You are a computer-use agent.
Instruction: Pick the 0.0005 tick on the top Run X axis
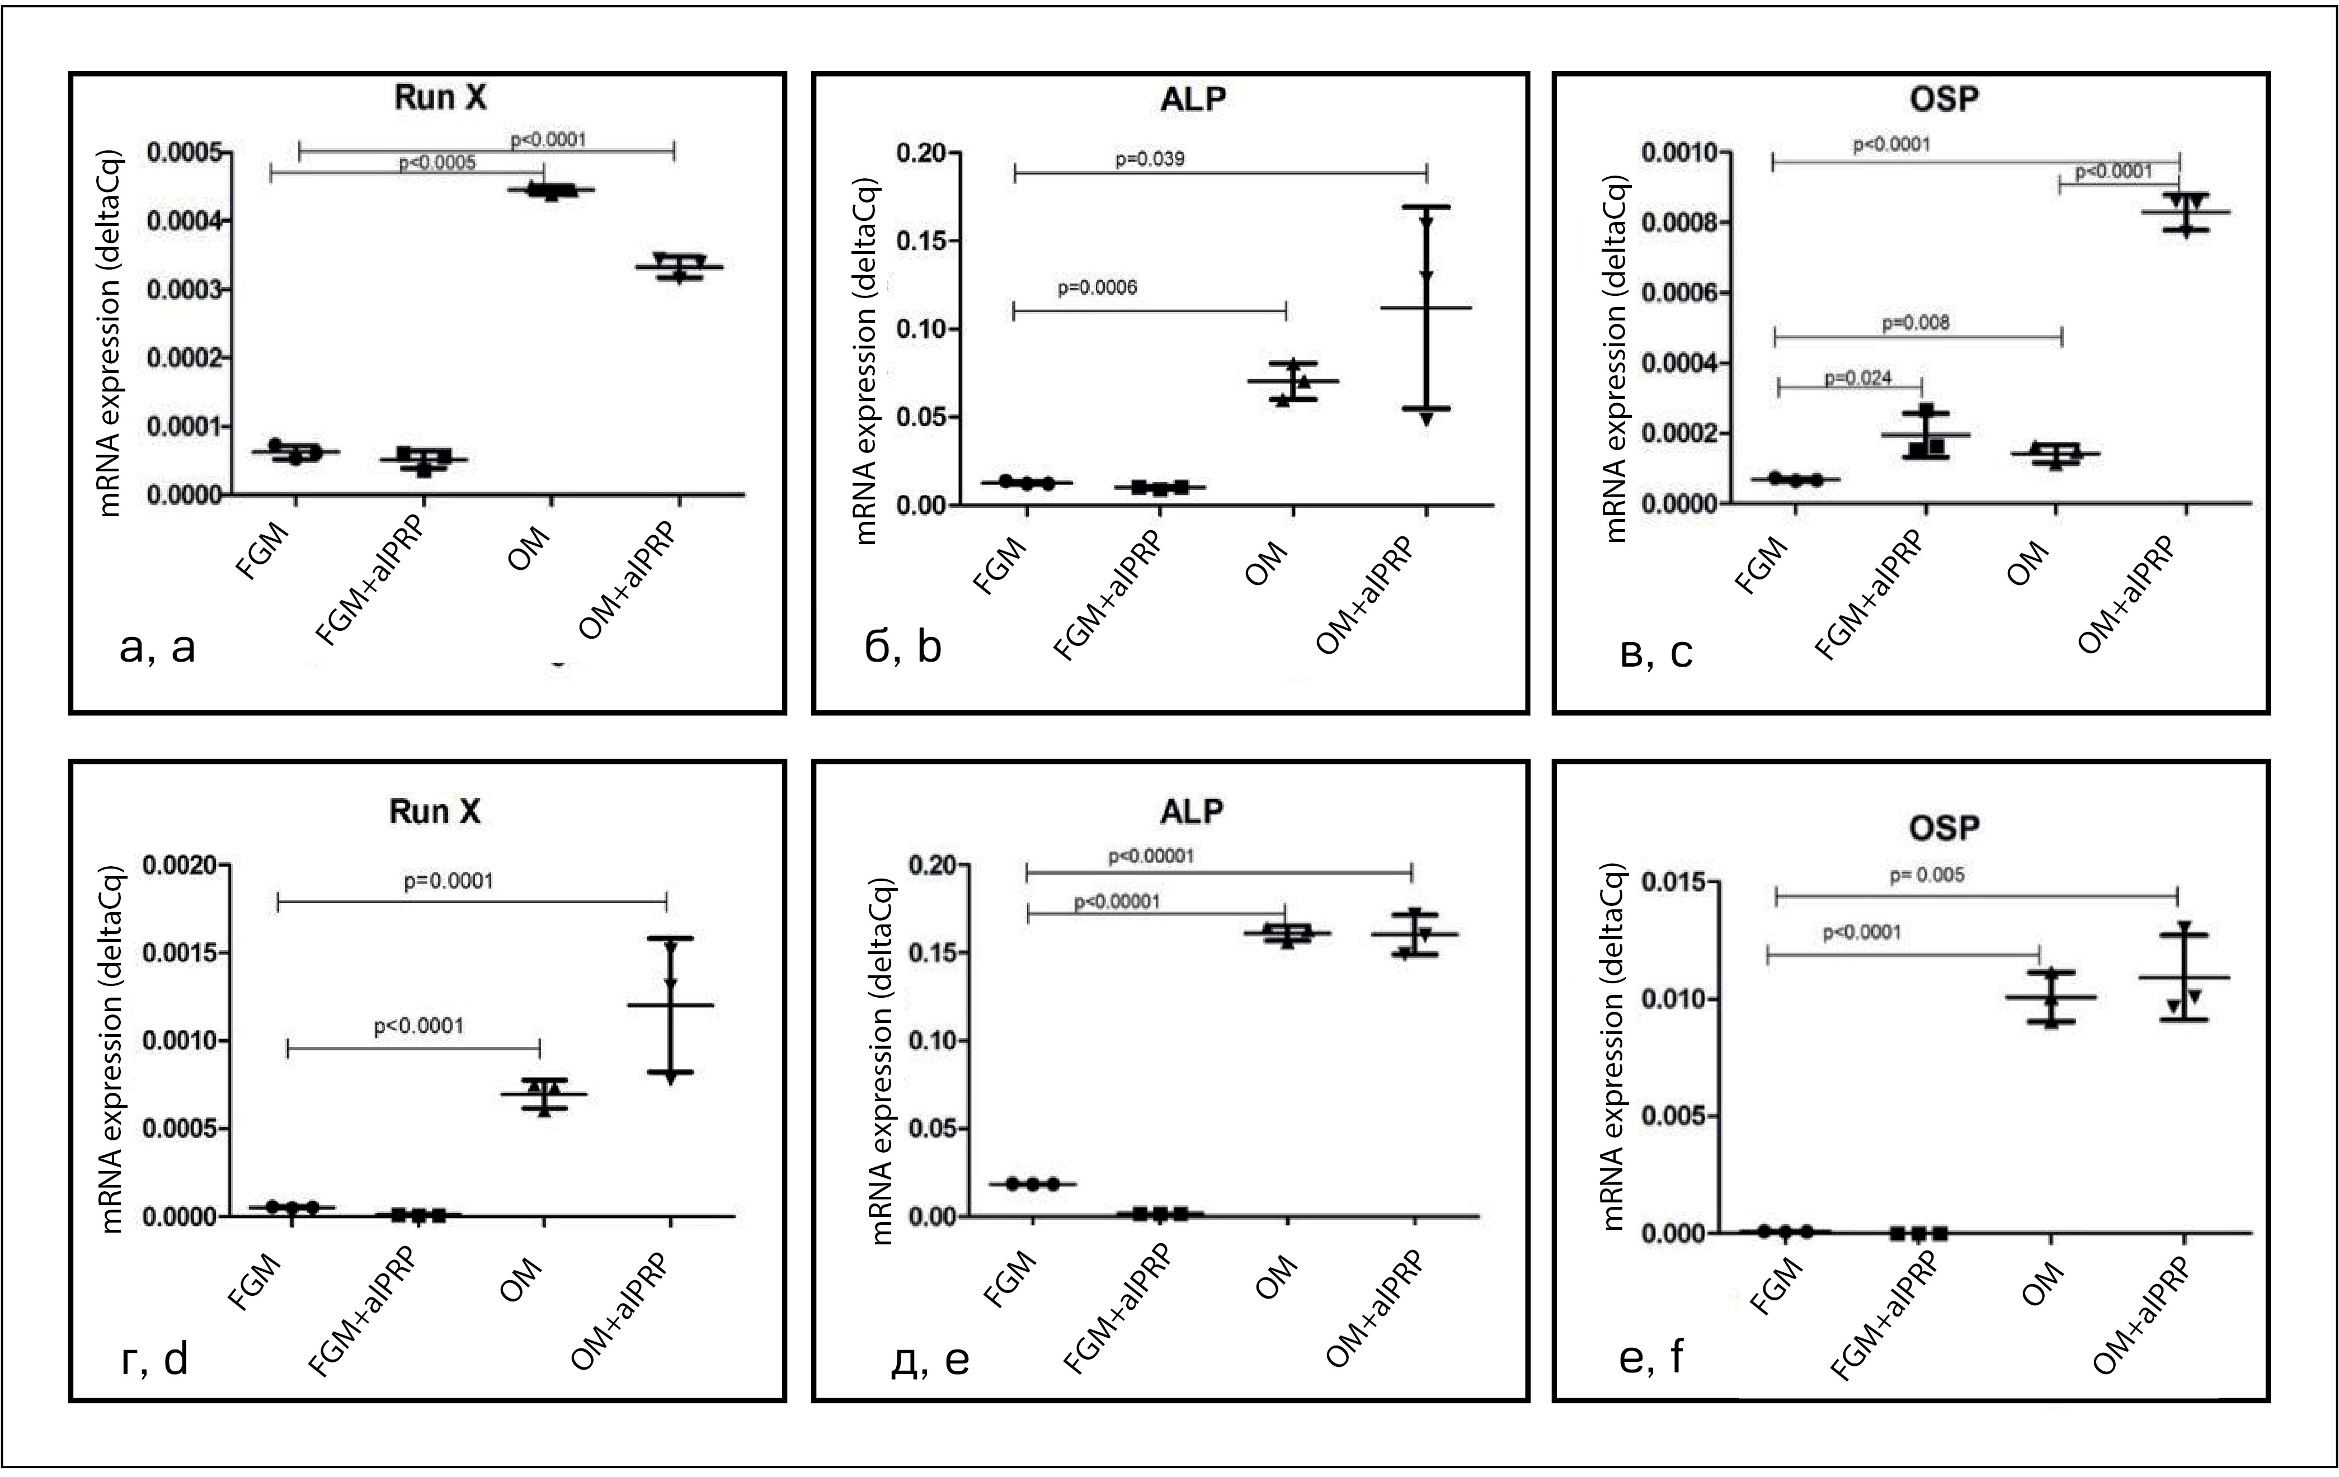point(185,153)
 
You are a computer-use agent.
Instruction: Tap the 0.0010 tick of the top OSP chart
point(1678,153)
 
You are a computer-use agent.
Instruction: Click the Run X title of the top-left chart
point(440,98)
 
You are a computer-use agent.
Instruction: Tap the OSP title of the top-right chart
point(1943,98)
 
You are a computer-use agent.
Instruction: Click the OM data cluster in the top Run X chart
point(550,190)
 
